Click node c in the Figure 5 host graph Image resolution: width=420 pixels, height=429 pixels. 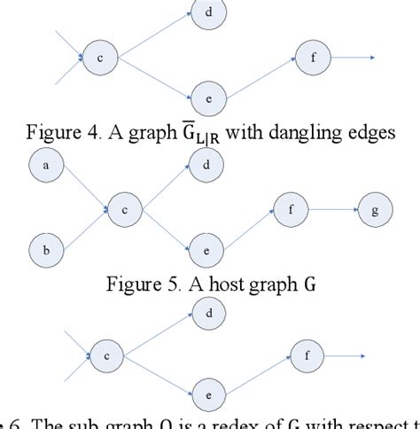click(126, 211)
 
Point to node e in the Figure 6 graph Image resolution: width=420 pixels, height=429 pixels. click(206, 393)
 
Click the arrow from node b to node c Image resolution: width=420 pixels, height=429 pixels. click(85, 227)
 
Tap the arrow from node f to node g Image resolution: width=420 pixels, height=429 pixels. click(331, 210)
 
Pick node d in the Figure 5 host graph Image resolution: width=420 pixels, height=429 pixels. click(206, 165)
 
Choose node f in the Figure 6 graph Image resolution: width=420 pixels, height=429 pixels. click(307, 356)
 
